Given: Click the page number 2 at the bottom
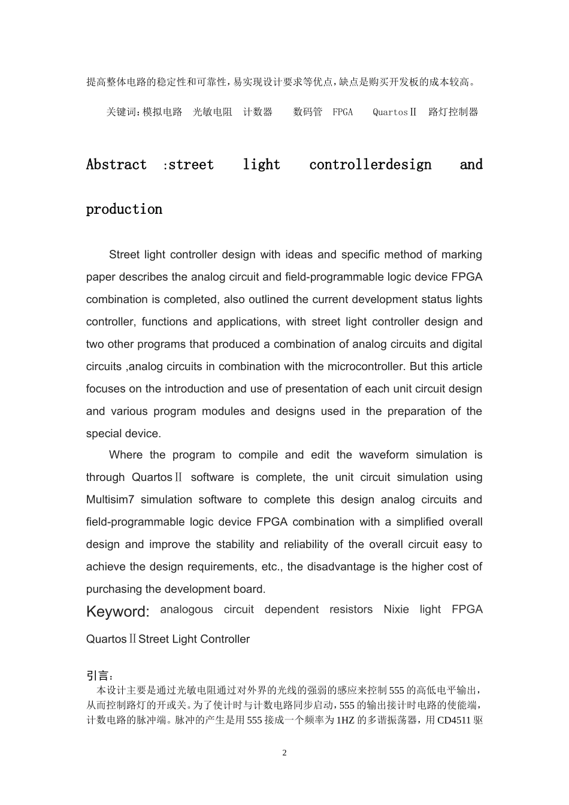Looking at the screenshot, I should (284, 753).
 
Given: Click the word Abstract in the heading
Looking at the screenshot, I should (116, 165).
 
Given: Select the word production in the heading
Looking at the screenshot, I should (124, 210).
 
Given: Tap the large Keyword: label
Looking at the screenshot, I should (118, 612).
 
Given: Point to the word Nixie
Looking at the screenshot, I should (396, 609).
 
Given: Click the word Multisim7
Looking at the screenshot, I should (110, 500).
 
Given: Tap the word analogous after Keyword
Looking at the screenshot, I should (186, 609).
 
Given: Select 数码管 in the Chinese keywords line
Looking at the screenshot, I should (307, 112).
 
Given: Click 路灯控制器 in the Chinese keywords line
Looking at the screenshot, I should (453, 112).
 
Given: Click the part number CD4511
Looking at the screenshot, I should (454, 720).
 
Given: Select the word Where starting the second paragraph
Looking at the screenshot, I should (125, 455).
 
